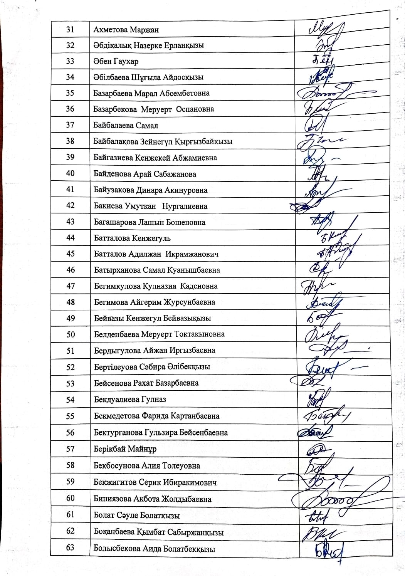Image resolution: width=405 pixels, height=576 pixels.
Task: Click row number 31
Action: (70, 29)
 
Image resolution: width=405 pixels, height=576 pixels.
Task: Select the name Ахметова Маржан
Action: (126, 30)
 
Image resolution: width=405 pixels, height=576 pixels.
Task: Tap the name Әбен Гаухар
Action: (116, 61)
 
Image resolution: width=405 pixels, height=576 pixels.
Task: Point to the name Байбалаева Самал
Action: (126, 125)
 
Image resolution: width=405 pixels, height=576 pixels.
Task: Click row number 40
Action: (70, 173)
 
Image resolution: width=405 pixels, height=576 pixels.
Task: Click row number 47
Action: (71, 286)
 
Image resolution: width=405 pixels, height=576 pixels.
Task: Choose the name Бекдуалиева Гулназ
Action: (130, 400)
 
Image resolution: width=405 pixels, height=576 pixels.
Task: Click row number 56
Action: (70, 432)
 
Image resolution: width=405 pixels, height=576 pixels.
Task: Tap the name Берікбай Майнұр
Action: (125, 449)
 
